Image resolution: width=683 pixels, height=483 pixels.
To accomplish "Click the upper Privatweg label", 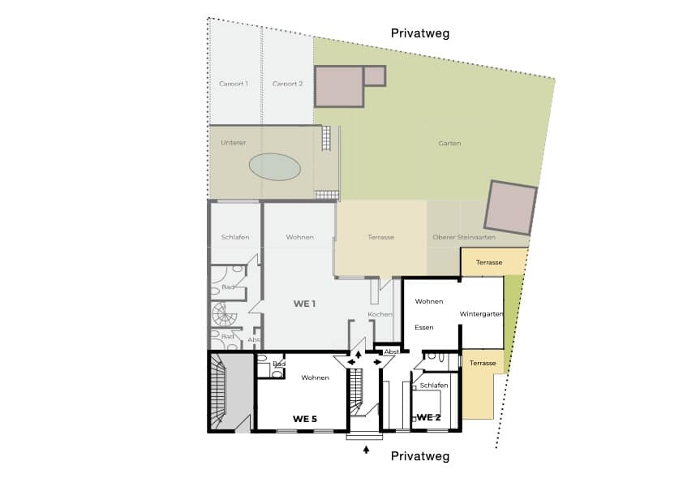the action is (420, 33).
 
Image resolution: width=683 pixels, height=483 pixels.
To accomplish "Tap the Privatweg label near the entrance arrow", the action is (420, 456).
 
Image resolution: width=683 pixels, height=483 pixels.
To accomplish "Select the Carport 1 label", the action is (234, 84).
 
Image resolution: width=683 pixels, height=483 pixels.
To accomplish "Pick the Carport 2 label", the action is (287, 84).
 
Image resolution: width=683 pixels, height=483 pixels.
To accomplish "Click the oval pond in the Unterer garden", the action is (274, 166).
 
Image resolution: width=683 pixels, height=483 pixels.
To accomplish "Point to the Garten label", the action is (449, 143).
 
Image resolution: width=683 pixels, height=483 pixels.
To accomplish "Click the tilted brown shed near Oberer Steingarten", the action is (510, 208).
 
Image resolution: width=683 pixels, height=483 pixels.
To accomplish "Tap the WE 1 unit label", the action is (304, 304).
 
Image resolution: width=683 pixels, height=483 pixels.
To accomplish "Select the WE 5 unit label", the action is (305, 419).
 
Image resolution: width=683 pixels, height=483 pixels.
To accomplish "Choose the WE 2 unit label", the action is (428, 417).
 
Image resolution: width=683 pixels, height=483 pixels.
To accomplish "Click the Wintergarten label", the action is (481, 314).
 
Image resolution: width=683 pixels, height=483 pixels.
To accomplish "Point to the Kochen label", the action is (380, 314).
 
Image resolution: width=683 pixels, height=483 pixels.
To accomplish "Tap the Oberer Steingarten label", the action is (464, 237).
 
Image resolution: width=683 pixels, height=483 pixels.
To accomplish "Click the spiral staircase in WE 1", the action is (224, 315).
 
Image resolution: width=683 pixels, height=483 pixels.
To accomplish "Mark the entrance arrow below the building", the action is (367, 450).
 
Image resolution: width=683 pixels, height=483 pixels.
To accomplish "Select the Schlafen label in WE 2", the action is (434, 386).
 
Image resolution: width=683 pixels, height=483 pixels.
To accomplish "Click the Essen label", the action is (423, 327).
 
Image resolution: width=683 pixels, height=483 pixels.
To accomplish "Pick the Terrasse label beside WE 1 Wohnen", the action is (380, 237).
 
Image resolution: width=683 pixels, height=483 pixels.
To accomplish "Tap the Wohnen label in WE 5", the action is (315, 377).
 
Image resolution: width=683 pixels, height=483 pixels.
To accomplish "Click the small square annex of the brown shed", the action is (375, 75).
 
